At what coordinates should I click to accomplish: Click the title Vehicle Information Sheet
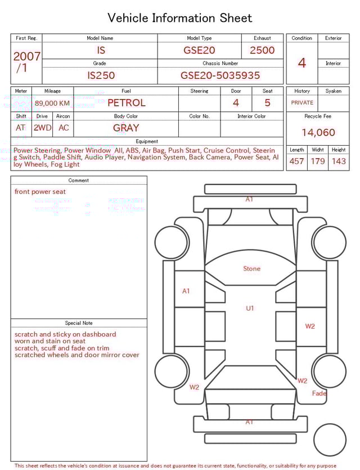click(x=180, y=18)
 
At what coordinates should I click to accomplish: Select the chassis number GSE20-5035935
click(x=220, y=75)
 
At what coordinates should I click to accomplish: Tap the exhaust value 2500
click(x=262, y=50)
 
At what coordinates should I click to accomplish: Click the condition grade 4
click(x=301, y=62)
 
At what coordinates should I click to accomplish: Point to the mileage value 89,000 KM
click(x=52, y=104)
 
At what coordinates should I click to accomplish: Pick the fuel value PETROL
click(x=126, y=103)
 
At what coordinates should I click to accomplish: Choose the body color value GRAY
click(x=126, y=128)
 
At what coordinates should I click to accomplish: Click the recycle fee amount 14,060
click(x=318, y=133)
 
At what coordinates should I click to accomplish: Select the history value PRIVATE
click(x=302, y=103)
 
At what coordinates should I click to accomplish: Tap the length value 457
click(x=296, y=162)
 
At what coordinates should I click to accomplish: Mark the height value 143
click(x=339, y=162)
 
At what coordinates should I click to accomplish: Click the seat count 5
click(x=267, y=103)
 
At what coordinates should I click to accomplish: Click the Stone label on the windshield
click(x=251, y=268)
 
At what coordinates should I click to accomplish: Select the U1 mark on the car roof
click(x=250, y=308)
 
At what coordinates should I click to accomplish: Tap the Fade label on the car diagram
click(x=319, y=393)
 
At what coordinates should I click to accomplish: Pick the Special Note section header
click(x=79, y=323)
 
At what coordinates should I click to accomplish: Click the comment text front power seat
click(x=40, y=192)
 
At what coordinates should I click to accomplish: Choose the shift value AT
click(x=21, y=128)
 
